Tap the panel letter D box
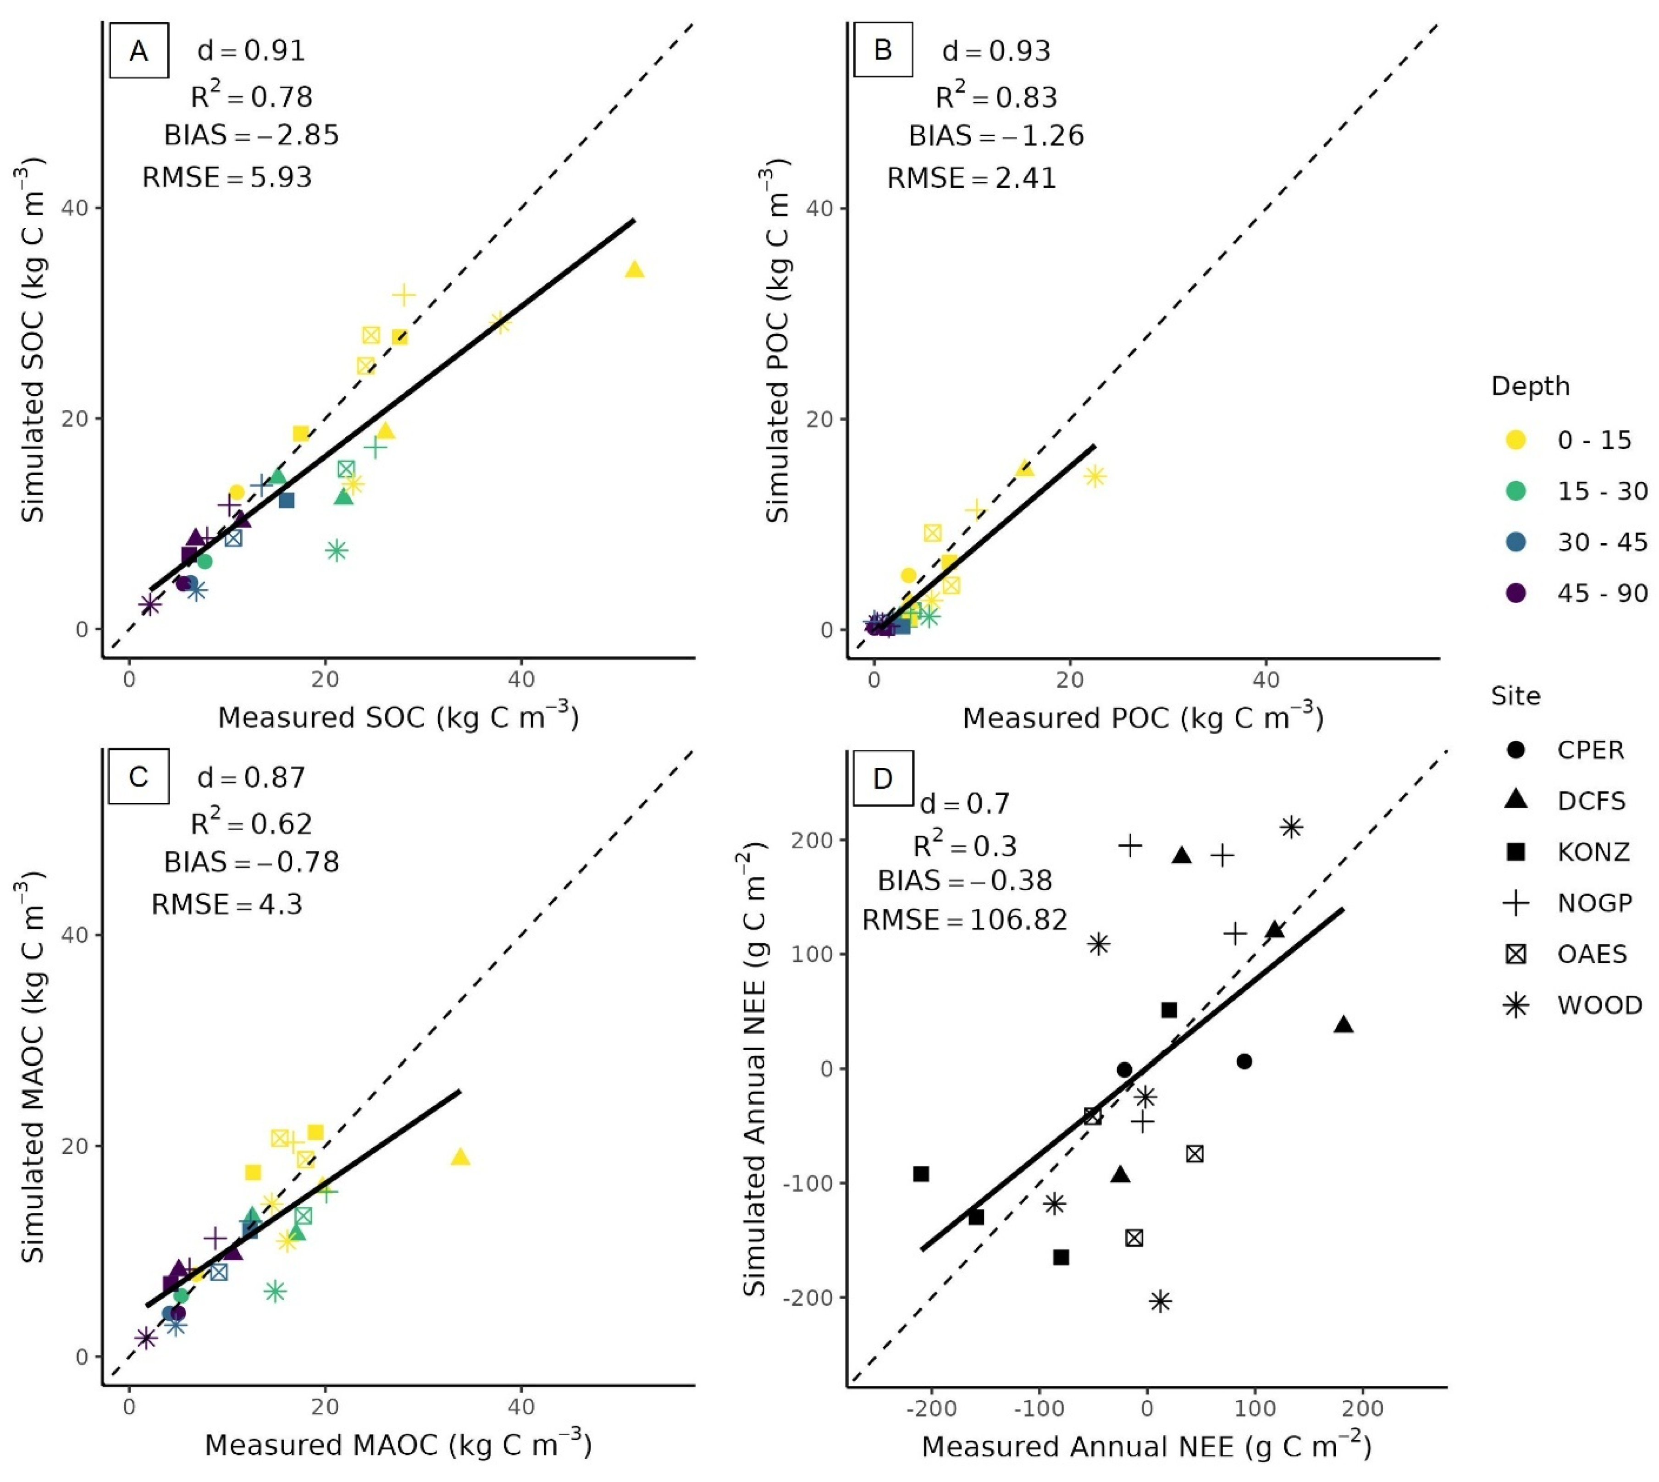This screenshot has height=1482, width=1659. (x=883, y=778)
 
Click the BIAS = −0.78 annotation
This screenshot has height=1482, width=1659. (x=252, y=861)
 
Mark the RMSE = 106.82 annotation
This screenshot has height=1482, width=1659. (x=964, y=920)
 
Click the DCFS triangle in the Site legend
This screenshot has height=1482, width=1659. (x=1515, y=800)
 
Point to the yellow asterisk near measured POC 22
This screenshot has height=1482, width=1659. (x=1095, y=476)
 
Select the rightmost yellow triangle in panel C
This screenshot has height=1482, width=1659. (x=460, y=1157)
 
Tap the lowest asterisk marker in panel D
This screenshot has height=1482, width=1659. (x=1161, y=1302)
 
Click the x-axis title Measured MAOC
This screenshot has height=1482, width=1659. (x=398, y=1444)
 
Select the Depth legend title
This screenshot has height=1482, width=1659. (x=1530, y=386)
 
